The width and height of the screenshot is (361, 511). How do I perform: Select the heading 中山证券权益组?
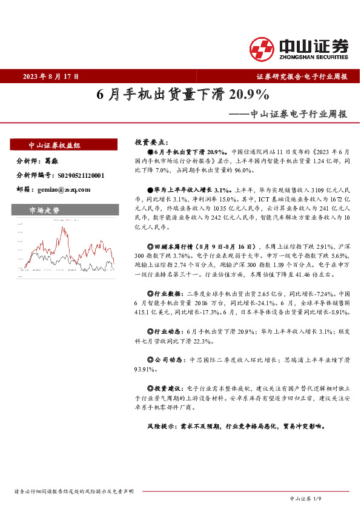click(55, 146)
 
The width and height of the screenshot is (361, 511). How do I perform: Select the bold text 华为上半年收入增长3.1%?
click(184, 188)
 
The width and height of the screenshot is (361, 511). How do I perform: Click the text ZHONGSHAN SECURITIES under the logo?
click(314, 57)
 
